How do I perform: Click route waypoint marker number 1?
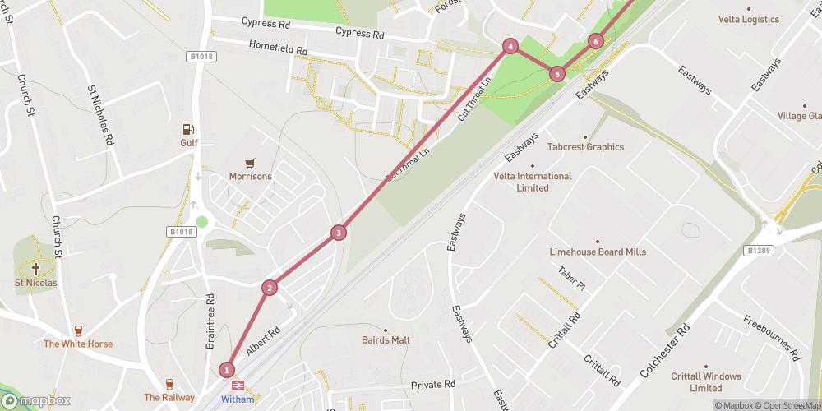[227, 370]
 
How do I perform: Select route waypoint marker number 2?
[269, 288]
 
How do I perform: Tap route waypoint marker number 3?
[338, 233]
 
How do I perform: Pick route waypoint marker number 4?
[510, 47]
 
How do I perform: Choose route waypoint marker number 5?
[557, 74]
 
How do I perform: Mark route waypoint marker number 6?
[596, 41]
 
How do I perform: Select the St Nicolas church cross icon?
[35, 269]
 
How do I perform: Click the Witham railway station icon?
[238, 385]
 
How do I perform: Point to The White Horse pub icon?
[78, 330]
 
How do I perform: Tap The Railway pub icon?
[170, 384]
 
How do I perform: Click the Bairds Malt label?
[386, 339]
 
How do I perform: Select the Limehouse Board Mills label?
[598, 252]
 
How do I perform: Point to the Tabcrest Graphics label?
[585, 147]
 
